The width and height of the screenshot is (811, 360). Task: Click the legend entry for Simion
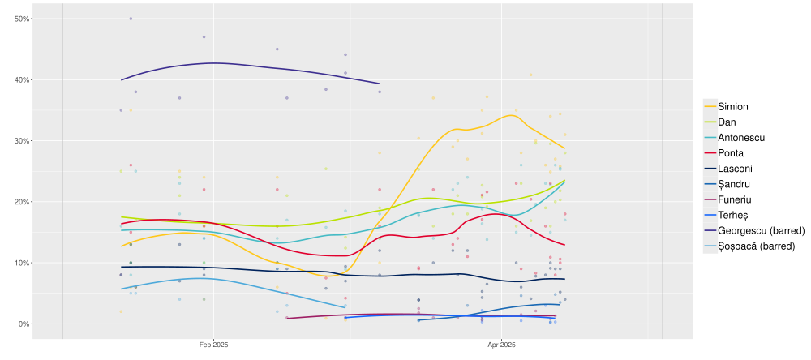[732, 106]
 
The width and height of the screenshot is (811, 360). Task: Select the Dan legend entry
[727, 122]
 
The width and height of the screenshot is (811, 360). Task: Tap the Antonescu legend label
[740, 137]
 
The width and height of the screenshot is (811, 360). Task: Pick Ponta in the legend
[731, 152]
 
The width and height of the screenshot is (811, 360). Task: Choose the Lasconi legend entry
[735, 168]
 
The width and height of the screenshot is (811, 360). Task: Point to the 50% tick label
[22, 19]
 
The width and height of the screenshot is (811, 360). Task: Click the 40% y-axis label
[22, 80]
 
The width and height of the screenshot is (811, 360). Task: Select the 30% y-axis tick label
[22, 141]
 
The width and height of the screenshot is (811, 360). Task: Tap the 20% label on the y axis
[22, 202]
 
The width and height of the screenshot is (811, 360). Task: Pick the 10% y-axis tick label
[22, 263]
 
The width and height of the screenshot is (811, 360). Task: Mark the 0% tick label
[24, 324]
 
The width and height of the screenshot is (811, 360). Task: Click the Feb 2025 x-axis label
[213, 345]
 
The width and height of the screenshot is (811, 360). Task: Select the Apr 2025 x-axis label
[503, 345]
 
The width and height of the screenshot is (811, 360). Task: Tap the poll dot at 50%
[131, 19]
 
